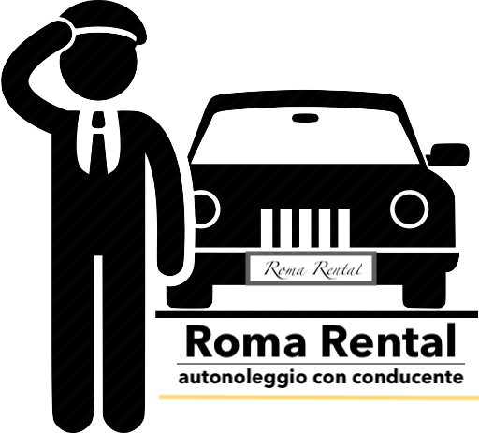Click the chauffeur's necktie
tap(99, 143)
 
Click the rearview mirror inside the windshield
tap(305, 118)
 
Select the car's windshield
tap(306, 137)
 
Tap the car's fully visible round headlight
tap(409, 209)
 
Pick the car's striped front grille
tap(305, 228)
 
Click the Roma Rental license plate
tap(311, 268)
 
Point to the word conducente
tap(408, 378)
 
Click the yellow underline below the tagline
tap(319, 397)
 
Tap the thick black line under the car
tap(317, 315)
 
